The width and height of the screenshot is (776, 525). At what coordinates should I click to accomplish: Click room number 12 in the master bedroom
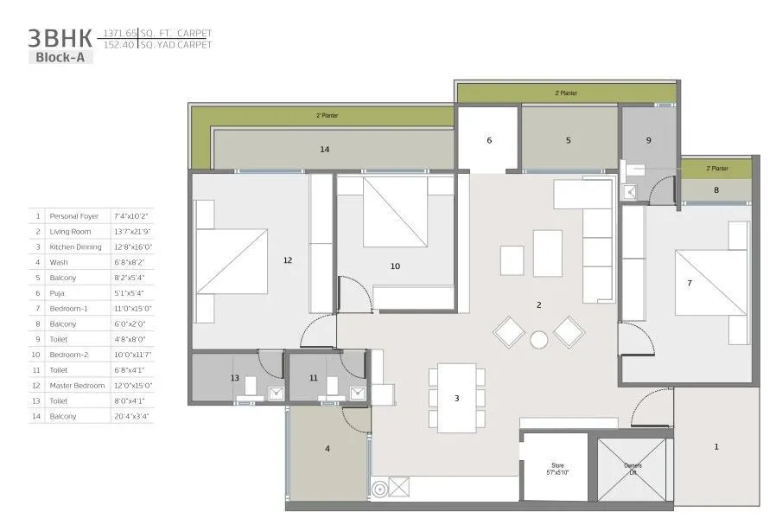click(288, 259)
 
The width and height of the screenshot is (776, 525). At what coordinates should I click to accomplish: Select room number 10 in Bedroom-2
click(395, 266)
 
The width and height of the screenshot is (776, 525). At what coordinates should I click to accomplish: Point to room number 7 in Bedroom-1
click(689, 282)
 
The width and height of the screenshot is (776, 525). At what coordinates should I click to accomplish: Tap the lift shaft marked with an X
click(632, 470)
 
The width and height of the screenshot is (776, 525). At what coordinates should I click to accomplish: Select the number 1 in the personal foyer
click(716, 446)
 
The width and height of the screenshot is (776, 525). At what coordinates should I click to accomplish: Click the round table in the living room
click(539, 339)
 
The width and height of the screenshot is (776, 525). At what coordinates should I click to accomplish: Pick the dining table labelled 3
click(456, 398)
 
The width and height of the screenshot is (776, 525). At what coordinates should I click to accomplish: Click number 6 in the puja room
click(488, 140)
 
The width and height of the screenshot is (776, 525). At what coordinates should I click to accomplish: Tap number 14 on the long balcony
click(324, 150)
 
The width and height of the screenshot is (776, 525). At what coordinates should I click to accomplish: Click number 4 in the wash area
click(328, 448)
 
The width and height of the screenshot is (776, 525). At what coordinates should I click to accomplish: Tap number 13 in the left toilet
click(234, 378)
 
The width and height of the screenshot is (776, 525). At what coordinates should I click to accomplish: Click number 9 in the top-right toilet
click(648, 140)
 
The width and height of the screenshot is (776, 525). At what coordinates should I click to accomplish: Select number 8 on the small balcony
click(716, 189)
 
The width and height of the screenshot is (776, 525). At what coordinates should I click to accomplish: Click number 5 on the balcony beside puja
click(568, 140)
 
